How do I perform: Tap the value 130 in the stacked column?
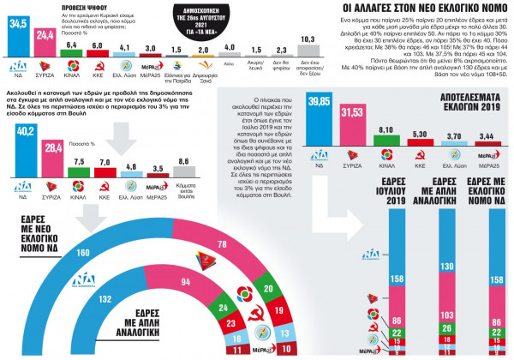pos(445,266)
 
